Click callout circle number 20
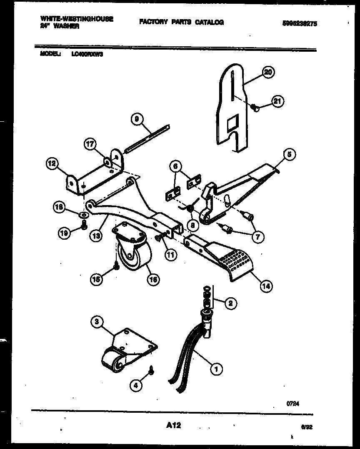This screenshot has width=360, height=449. (268, 73)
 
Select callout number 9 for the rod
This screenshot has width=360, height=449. (136, 120)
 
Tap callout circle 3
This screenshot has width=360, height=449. (97, 321)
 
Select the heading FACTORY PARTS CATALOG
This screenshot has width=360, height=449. (181, 22)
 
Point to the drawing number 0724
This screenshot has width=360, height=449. (293, 403)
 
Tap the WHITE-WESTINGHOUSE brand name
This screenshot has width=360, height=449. (77, 19)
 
